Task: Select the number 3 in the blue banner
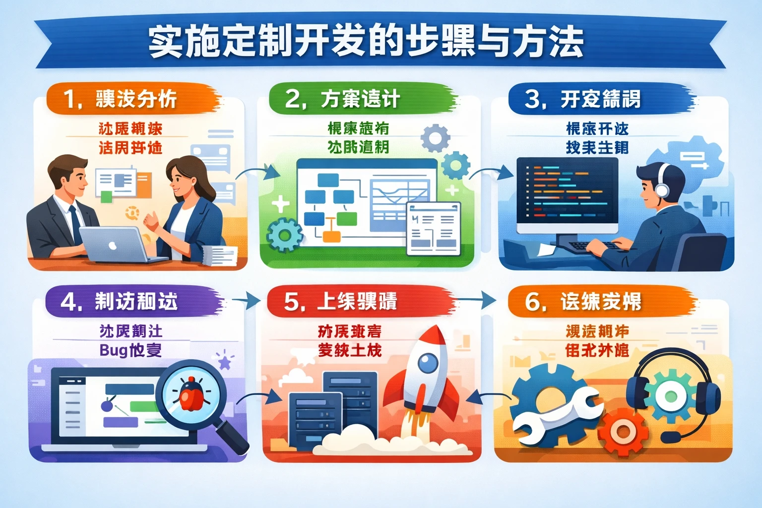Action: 533,99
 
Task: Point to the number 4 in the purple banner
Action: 68,302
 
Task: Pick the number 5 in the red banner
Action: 291,302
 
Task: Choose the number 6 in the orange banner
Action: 532,302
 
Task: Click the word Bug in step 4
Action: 114,350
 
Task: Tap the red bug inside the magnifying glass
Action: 190,394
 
